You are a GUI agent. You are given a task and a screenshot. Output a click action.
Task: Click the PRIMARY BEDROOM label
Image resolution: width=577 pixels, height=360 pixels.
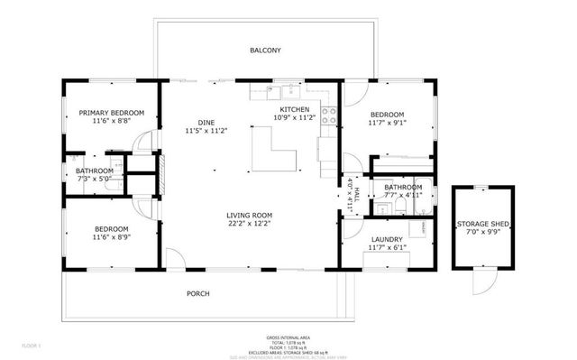pyautogui.click(x=112, y=113)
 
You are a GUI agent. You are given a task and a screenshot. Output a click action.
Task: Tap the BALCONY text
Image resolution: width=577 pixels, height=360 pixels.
pyautogui.click(x=266, y=51)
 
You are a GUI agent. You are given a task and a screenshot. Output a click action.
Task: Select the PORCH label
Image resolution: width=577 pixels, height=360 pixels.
pyautogui.click(x=198, y=294)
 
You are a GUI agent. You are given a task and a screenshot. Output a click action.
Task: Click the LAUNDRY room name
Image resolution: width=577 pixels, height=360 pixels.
pyautogui.click(x=386, y=239)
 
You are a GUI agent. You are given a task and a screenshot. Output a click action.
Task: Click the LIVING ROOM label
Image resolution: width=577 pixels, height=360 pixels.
pyautogui.click(x=249, y=215)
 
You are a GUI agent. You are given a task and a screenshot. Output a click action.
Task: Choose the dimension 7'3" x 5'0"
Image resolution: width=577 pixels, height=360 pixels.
pyautogui.click(x=95, y=179)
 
